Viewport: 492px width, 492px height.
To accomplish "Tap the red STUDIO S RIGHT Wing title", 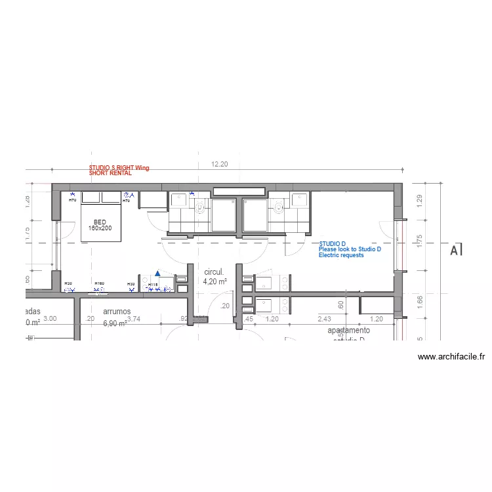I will point(119,168).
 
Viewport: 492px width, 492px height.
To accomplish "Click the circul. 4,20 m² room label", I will point(215,276).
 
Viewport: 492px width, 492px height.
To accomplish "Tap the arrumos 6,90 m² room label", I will point(117,318).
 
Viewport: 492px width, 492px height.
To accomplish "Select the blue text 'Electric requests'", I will point(341,255).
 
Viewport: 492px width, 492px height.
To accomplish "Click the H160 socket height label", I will point(99,283).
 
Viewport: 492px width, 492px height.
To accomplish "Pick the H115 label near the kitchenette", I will point(153,285).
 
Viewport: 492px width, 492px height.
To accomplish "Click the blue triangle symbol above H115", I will point(157,274).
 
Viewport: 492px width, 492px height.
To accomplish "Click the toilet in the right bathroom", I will point(279,209).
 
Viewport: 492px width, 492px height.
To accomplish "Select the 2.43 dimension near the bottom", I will point(324,319).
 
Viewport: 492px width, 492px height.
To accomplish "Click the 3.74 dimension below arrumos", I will point(133,319).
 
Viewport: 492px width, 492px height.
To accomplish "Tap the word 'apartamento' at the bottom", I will point(348,331).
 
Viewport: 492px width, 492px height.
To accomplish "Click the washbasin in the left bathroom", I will point(178,200).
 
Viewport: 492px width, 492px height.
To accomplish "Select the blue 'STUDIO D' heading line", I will point(332,244).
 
